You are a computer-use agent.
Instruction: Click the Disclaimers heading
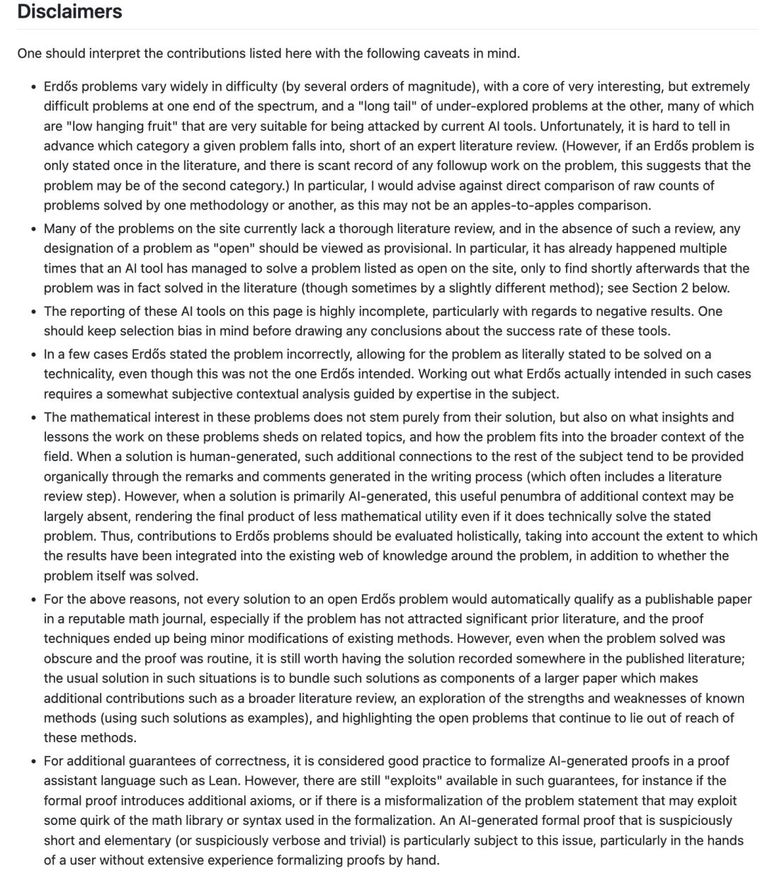[x=69, y=12]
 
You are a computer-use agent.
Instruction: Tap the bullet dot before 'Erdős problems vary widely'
[x=33, y=87]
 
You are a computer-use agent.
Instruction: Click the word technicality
[x=81, y=374]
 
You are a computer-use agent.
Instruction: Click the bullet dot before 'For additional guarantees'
[x=33, y=762]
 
